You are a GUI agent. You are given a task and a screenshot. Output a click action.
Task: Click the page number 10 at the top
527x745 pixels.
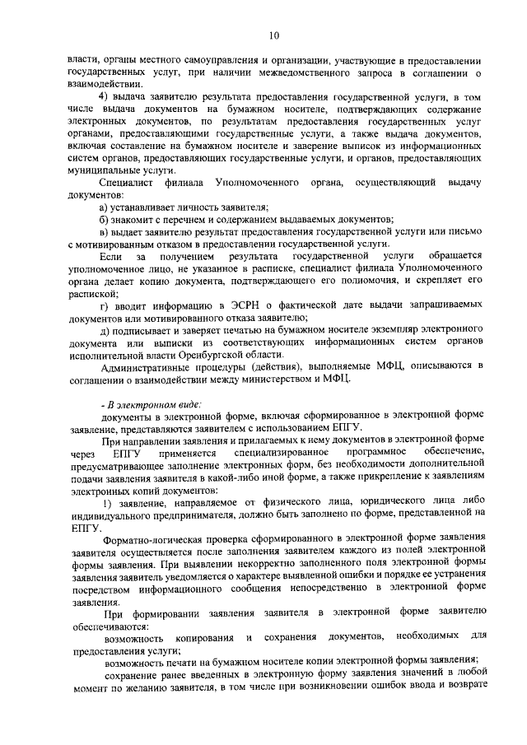pyautogui.click(x=274, y=35)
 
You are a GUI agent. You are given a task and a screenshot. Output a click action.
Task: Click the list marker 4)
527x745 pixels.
pyautogui.click(x=105, y=98)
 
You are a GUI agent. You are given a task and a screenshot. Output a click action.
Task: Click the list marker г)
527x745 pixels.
pyautogui.click(x=104, y=305)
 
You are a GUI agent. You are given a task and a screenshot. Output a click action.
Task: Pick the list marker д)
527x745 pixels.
pyautogui.click(x=104, y=330)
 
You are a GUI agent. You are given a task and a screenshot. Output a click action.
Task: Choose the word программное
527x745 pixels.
pyautogui.click(x=378, y=453)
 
